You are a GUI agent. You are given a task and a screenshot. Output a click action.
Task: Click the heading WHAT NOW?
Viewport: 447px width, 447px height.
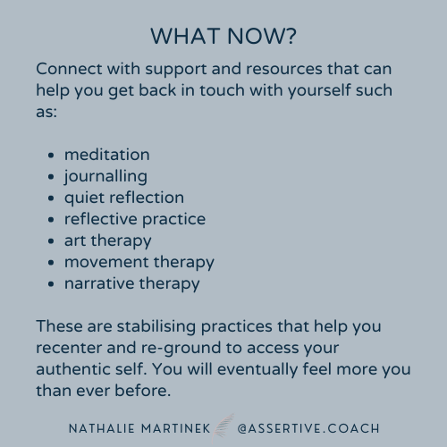tap(223, 37)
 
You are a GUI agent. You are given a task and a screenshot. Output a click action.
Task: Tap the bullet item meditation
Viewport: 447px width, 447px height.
tap(106, 155)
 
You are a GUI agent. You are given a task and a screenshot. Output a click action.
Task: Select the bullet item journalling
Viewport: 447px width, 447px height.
tap(105, 176)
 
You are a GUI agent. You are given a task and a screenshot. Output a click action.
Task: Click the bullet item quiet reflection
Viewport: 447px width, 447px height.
tap(123, 198)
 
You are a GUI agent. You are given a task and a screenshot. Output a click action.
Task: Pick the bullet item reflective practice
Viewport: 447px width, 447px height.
tap(134, 219)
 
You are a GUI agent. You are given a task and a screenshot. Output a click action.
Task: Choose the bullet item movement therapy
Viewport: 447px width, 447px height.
tap(139, 262)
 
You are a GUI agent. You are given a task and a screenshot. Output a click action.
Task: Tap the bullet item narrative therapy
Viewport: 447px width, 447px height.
tap(131, 283)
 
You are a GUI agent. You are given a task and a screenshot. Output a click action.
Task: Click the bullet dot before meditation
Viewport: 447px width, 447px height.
tap(51, 156)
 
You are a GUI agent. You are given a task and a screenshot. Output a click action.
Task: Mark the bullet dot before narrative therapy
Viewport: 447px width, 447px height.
tap(51, 284)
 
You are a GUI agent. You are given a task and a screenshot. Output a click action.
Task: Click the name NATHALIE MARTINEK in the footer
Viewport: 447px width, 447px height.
tap(135, 429)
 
